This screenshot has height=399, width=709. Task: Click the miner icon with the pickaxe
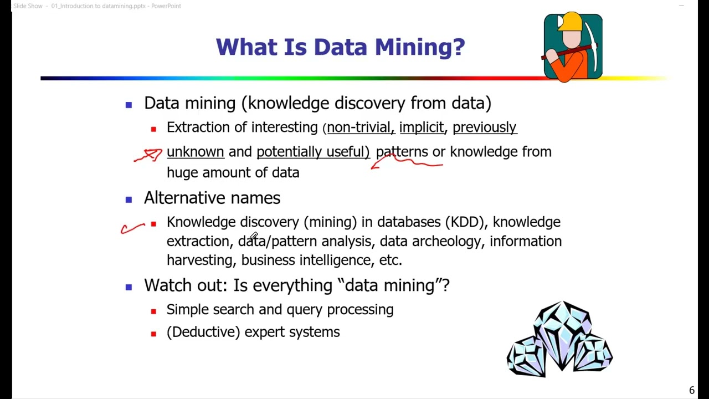573,48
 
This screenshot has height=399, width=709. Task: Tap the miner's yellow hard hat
570,22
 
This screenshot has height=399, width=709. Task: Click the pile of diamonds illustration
559,340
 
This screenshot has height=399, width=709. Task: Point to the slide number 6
691,390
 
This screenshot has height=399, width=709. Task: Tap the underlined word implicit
422,127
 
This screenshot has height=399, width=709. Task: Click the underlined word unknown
195,152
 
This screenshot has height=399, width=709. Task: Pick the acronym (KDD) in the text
466,222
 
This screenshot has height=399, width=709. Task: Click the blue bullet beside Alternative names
129,199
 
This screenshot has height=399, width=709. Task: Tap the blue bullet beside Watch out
129,287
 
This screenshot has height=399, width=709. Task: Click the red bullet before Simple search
153,311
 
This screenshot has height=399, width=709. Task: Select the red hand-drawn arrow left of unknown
148,155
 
